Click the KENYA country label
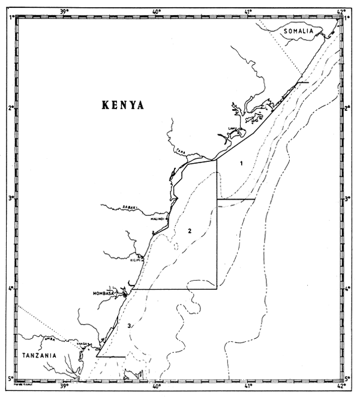pos(124,105)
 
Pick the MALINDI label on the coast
pos(158,219)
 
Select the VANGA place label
pos(82,343)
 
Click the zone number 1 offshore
pos(241,163)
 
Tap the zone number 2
pos(189,231)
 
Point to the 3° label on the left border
pos(10,198)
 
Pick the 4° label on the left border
pos(10,289)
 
